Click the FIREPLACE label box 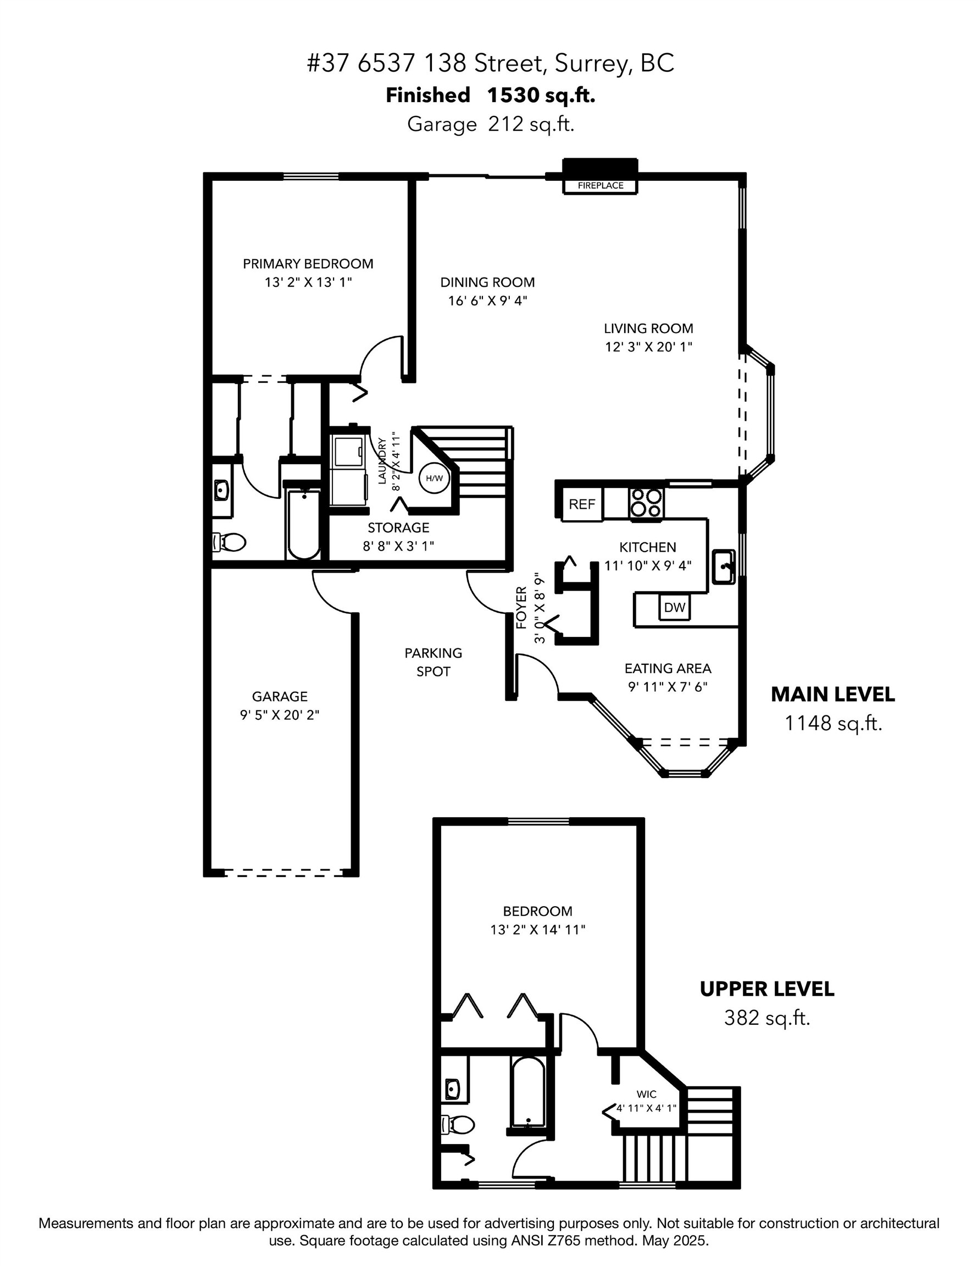pyautogui.click(x=600, y=186)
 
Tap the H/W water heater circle pyautogui.click(x=434, y=478)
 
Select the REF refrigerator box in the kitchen pyautogui.click(x=581, y=504)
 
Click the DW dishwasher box pyautogui.click(x=674, y=608)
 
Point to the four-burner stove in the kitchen pyautogui.click(x=646, y=503)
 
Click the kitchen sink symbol pyautogui.click(x=723, y=566)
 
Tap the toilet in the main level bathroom pyautogui.click(x=231, y=542)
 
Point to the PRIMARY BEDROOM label pyautogui.click(x=308, y=264)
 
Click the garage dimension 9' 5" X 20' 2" pyautogui.click(x=280, y=715)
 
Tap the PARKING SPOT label pyautogui.click(x=433, y=662)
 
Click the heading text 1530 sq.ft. pyautogui.click(x=541, y=95)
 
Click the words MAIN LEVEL pyautogui.click(x=832, y=694)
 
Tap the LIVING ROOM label pyautogui.click(x=648, y=328)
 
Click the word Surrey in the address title pyautogui.click(x=589, y=63)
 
